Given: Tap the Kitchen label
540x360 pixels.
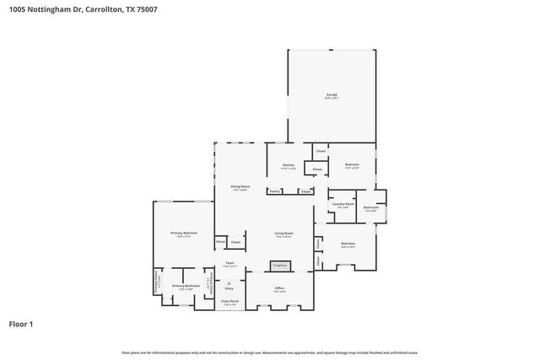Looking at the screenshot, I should tap(289, 166).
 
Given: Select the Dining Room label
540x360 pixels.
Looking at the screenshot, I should tap(240, 186).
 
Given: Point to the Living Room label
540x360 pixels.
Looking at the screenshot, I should tap(283, 234).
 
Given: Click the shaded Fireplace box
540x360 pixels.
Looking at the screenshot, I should tap(279, 266).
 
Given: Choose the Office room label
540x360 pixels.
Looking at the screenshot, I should tap(279, 288).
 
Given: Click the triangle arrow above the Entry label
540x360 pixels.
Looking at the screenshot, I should tap(229, 282).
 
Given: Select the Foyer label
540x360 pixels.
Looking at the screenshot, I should tap(229, 263).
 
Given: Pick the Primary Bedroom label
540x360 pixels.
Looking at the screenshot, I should tap(183, 234).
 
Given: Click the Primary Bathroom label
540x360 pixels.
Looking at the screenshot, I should tap(186, 286).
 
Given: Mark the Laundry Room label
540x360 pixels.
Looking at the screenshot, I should tap(343, 203).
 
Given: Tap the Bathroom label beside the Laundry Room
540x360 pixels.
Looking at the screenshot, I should tap(370, 207).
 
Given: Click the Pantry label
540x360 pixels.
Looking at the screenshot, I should tap(275, 191).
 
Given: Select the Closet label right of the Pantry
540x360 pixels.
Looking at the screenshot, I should tap(305, 191).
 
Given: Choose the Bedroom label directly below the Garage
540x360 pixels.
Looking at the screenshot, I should tap(352, 164).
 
